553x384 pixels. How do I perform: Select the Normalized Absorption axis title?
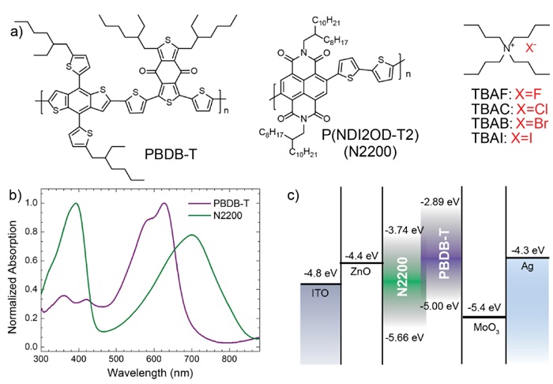(9, 273)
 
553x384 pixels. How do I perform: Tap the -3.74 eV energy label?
(402, 230)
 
